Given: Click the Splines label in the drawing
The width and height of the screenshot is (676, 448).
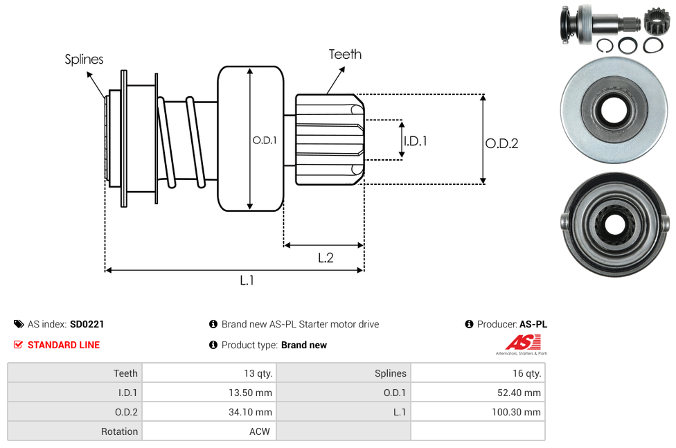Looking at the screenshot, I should [x=84, y=60].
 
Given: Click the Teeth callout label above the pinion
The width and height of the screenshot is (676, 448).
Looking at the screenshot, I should [x=345, y=54].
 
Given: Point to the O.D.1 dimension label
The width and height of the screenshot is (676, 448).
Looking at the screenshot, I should [x=265, y=140].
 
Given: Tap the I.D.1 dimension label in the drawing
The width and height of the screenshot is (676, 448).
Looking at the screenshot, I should [x=416, y=141].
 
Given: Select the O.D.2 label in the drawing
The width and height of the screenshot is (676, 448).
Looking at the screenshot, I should [x=501, y=143].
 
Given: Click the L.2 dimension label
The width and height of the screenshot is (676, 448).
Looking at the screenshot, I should [x=326, y=258].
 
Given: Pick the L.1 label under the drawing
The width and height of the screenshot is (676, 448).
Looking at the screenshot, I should [x=247, y=280].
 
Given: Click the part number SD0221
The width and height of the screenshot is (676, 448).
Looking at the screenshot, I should [x=87, y=324].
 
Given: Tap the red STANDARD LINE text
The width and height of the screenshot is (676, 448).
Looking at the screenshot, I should [x=64, y=345].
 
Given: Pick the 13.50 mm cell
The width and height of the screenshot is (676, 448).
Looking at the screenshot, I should [x=250, y=393].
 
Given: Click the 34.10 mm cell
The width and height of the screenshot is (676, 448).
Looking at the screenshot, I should [x=250, y=412].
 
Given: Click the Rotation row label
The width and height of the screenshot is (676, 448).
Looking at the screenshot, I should [x=119, y=431].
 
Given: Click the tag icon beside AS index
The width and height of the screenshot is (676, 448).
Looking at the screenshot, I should [x=19, y=324].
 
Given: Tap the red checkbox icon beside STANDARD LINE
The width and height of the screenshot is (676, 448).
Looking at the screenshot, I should [x=19, y=345].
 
